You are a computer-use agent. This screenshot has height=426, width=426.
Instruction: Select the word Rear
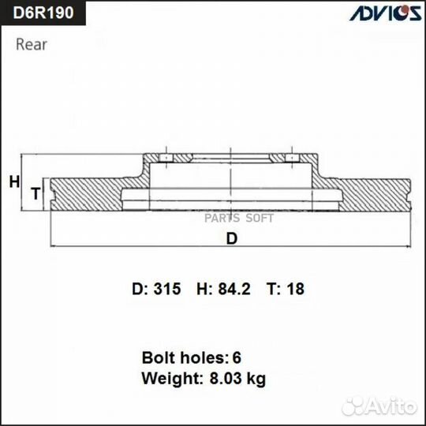[x=32, y=44]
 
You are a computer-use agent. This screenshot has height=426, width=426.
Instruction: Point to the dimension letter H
[x=14, y=182]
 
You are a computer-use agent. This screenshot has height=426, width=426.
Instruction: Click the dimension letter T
[x=35, y=193]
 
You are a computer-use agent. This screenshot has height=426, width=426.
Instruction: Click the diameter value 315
[x=168, y=290]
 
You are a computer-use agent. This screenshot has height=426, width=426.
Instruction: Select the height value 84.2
[x=234, y=290]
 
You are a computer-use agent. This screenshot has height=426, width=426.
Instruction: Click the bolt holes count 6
[x=237, y=357]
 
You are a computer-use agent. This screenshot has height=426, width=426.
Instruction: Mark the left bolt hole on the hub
[x=166, y=159]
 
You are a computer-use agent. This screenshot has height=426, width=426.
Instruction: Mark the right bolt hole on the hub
[x=293, y=159]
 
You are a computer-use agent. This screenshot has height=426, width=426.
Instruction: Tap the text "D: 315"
[x=157, y=290]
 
